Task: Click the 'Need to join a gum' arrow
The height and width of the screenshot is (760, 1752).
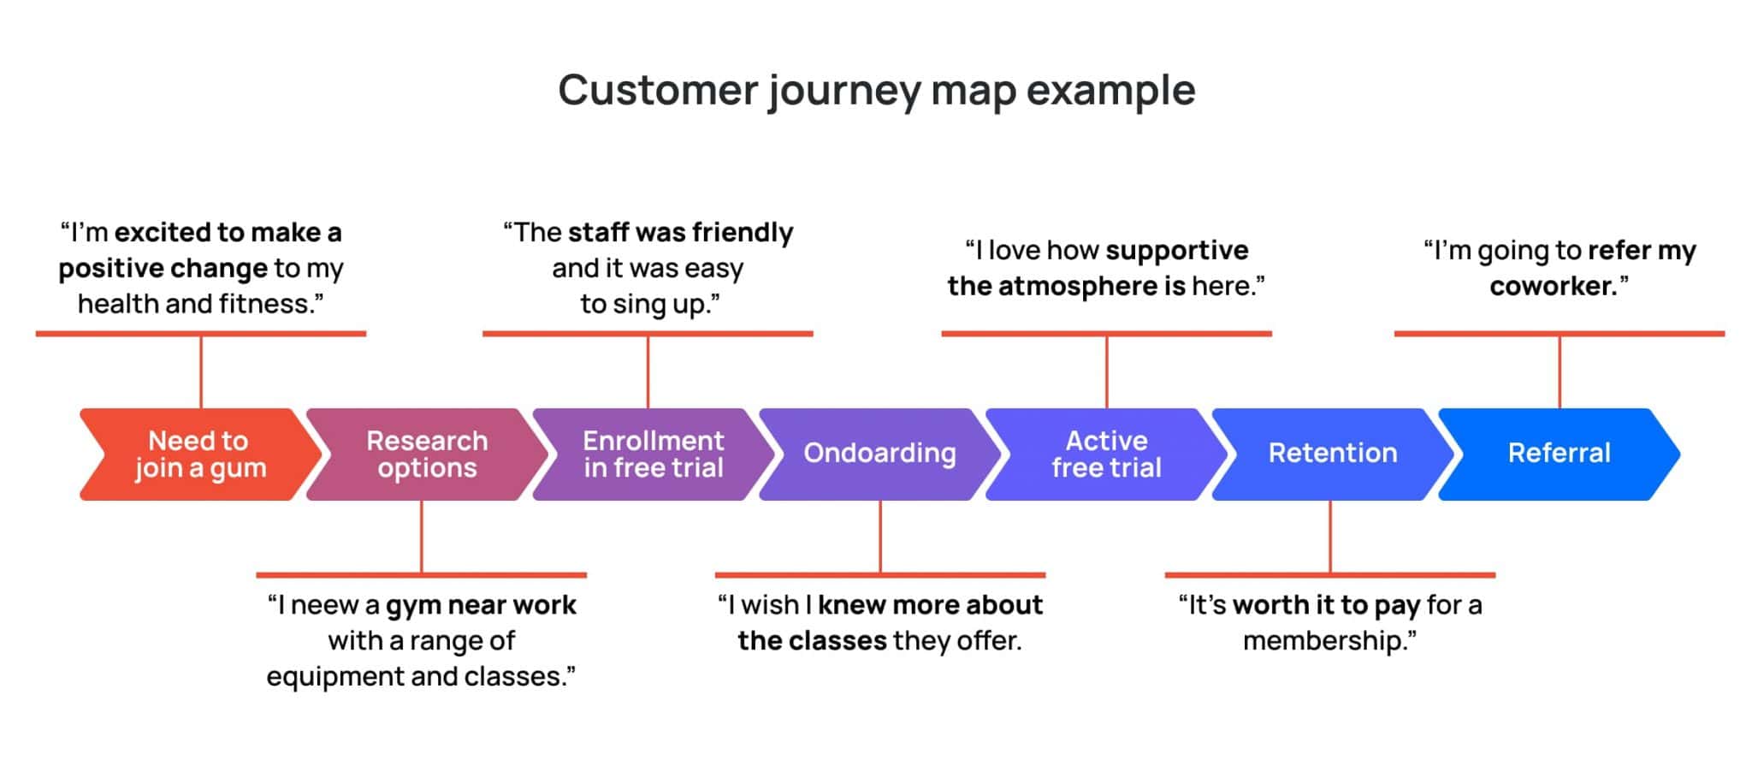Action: click(x=198, y=454)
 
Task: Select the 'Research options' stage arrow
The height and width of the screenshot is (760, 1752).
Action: click(x=426, y=454)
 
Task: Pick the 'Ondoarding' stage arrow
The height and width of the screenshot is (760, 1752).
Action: click(x=879, y=454)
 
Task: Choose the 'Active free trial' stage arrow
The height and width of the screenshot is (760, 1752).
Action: click(x=1105, y=454)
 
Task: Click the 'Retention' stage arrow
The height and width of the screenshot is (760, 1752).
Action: click(x=1332, y=454)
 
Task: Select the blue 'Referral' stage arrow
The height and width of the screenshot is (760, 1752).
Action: click(x=1558, y=454)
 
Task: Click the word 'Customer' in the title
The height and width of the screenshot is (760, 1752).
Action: click(x=658, y=90)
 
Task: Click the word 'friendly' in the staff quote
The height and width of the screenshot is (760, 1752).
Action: click(x=742, y=233)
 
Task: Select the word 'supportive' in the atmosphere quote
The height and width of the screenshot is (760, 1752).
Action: click(x=1176, y=251)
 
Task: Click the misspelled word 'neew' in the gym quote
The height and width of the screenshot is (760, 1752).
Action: click(x=325, y=606)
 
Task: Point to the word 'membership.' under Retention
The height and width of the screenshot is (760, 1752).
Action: click(x=1329, y=641)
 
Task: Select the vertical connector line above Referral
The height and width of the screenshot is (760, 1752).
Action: click(x=1559, y=371)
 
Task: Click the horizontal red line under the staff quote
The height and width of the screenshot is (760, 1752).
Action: click(x=647, y=334)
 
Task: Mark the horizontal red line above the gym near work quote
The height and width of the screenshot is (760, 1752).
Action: click(x=421, y=575)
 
